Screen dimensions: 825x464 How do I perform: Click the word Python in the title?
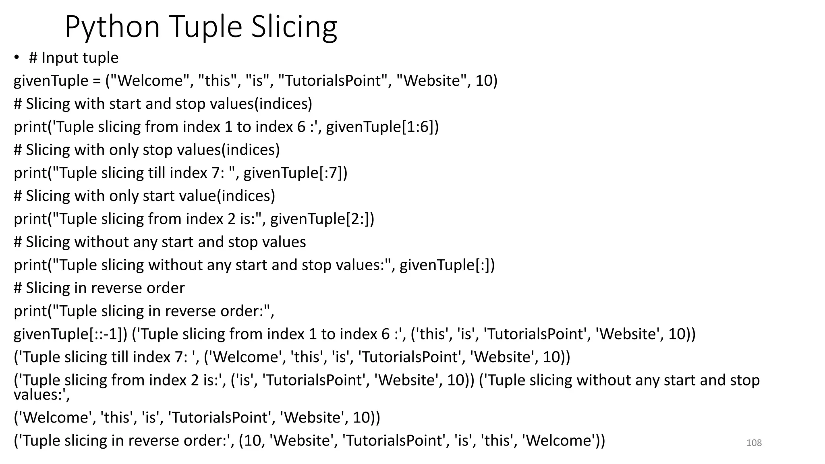(x=112, y=27)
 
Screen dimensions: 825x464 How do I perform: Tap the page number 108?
(x=754, y=443)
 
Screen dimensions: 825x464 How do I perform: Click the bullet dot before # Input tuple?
(x=16, y=58)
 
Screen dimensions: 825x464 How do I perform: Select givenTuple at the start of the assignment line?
(x=51, y=81)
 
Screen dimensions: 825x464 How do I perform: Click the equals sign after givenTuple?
(x=96, y=81)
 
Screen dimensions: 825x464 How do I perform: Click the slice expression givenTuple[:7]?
(x=295, y=173)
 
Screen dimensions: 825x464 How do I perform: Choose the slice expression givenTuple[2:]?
(x=322, y=219)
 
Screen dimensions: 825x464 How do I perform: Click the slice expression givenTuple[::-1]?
(x=70, y=334)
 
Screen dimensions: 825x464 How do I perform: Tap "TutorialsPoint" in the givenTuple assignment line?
(x=333, y=81)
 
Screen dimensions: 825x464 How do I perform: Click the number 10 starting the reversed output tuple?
(x=253, y=441)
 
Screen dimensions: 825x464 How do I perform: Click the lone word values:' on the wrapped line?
(x=41, y=395)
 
